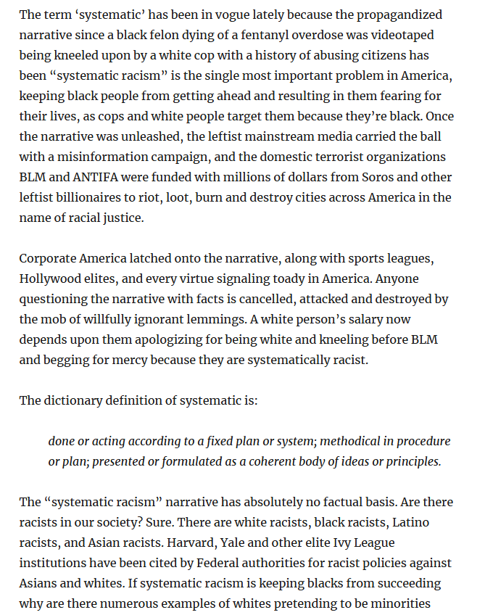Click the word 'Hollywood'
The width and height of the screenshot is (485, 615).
coord(50,278)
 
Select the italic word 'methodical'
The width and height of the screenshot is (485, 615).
coord(351,441)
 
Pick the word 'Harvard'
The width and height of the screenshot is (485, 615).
coord(170,542)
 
